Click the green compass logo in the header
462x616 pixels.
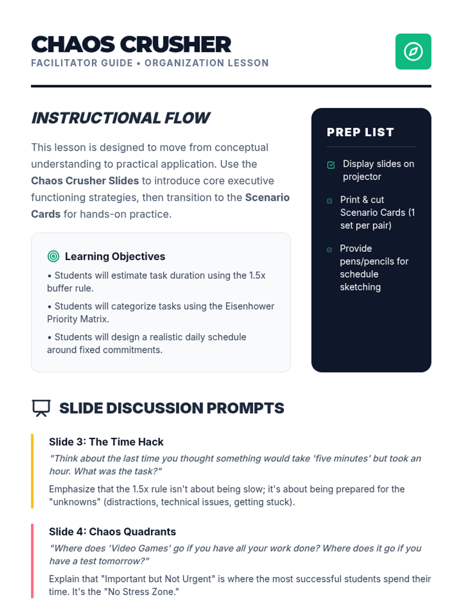pos(413,51)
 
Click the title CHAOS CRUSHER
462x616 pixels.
pos(131,44)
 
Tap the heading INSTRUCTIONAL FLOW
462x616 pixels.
pos(121,118)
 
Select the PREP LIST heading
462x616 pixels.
pos(360,132)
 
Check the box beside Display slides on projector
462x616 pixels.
pos(331,165)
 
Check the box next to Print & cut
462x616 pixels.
pos(330,201)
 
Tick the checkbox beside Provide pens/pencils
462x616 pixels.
pos(329,249)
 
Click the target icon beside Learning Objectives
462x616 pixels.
pos(53,256)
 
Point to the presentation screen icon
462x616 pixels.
pos(41,408)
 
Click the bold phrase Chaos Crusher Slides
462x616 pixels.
pos(85,181)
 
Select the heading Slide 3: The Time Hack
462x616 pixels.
pos(106,442)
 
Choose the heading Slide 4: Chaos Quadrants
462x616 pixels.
pos(112,532)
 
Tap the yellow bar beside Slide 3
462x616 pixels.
pos(32,471)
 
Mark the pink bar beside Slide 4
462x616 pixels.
pos(32,561)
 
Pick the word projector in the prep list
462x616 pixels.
pos(362,177)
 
